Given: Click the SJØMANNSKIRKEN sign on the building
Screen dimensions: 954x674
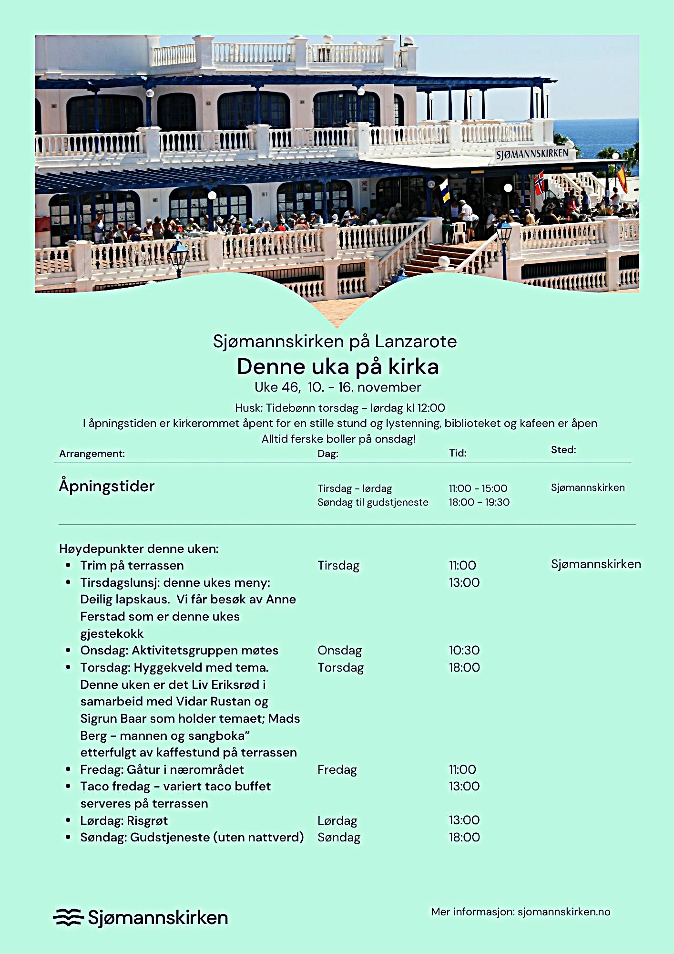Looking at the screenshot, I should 532,154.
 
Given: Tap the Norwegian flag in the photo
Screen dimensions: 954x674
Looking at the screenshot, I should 539,183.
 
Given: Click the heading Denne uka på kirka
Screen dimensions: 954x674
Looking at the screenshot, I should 337,366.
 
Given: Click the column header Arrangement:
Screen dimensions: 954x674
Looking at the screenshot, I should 92,454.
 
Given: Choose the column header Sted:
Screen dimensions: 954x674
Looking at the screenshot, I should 563,450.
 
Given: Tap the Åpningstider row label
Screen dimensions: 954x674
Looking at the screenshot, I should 107,486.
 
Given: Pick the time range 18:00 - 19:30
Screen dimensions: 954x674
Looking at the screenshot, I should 479,502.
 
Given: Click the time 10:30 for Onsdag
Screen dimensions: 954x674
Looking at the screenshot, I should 464,650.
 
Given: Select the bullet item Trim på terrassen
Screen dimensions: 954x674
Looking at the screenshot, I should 132,565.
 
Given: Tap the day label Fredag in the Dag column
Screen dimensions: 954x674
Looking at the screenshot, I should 337,769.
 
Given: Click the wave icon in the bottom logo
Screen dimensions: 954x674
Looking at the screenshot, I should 68,917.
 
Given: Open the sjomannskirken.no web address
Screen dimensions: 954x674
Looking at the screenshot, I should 564,912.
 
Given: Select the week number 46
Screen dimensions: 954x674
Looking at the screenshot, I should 290,387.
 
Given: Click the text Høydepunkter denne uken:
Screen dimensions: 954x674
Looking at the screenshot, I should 139,549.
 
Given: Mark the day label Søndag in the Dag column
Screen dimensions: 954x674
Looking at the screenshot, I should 339,837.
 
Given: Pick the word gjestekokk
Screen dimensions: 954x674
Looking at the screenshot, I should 112,633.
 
